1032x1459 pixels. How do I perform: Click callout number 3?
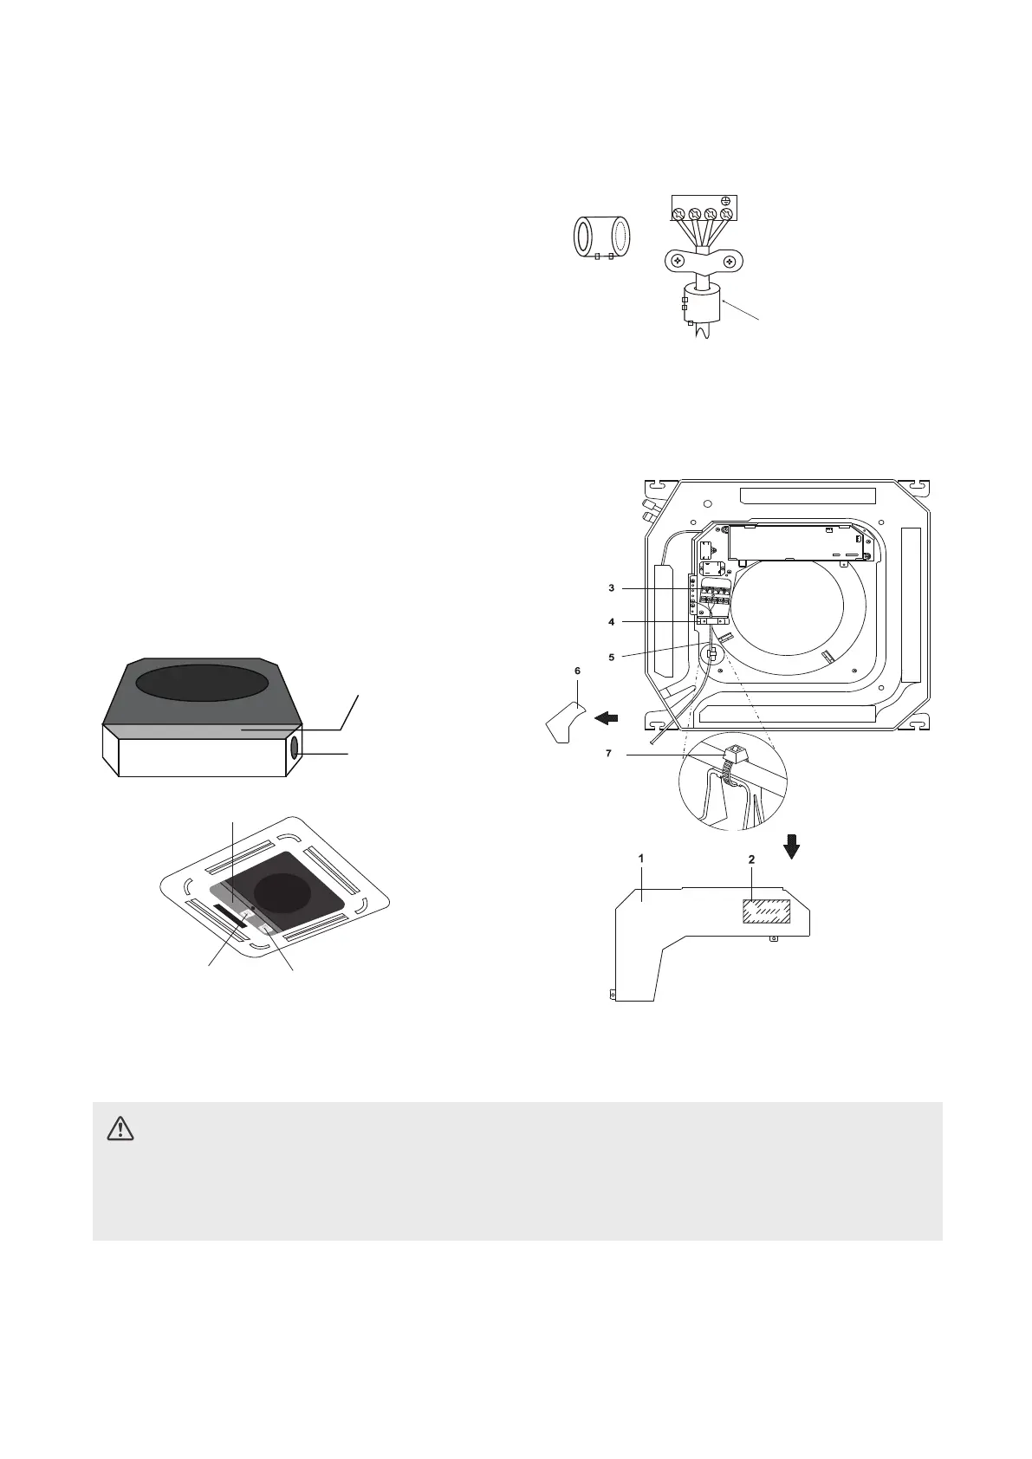tap(611, 588)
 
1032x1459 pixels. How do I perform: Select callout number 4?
tap(611, 622)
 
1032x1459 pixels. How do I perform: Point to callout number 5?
tap(611, 658)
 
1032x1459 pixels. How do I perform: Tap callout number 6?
tap(577, 671)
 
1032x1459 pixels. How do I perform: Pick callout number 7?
tap(608, 754)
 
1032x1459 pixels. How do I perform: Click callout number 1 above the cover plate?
tap(641, 858)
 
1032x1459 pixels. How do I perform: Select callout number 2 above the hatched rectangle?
tap(751, 859)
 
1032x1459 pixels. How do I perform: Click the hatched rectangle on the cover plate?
tap(763, 912)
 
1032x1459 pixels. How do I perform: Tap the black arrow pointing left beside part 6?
tap(606, 717)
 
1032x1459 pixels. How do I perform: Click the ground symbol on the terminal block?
tap(726, 201)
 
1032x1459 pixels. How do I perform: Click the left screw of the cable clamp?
tap(678, 259)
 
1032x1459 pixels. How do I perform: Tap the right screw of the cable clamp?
tap(730, 259)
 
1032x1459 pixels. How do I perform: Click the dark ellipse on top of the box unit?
tap(201, 683)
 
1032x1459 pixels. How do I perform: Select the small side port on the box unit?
tap(295, 748)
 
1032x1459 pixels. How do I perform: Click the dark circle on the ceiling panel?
tap(281, 898)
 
